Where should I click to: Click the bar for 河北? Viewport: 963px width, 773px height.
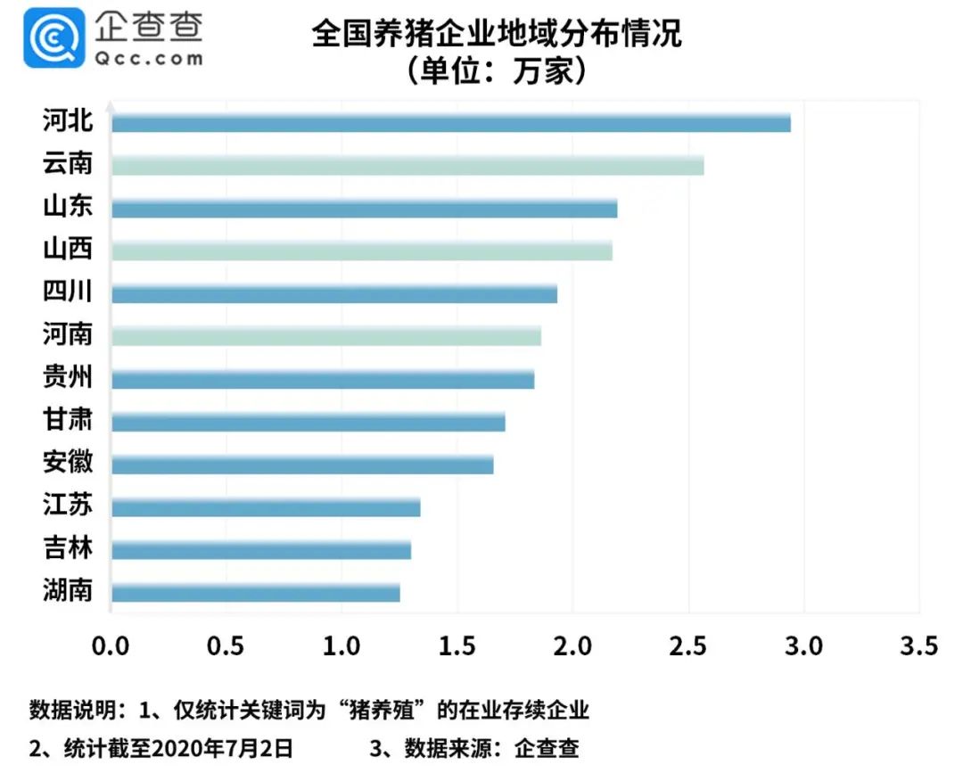(x=450, y=123)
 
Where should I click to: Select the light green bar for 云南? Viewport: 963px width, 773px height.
(x=407, y=166)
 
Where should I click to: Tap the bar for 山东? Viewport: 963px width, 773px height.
(x=364, y=209)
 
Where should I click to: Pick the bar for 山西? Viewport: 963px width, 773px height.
(x=361, y=251)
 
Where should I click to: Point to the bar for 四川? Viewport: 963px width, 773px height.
(x=333, y=293)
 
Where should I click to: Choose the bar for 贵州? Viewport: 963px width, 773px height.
(x=322, y=379)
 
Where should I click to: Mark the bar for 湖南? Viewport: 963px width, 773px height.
(x=255, y=593)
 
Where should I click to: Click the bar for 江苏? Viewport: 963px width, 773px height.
(x=265, y=507)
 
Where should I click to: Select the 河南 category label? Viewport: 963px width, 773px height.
(x=68, y=334)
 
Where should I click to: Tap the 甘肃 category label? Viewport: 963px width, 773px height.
(x=68, y=419)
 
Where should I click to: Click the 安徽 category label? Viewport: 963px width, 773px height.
(x=68, y=463)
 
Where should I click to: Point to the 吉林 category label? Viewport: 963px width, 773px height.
(x=68, y=547)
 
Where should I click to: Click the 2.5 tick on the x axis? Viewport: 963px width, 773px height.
(x=688, y=645)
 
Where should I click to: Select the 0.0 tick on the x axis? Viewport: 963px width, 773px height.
(x=111, y=645)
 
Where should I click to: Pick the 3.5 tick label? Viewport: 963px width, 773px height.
(x=919, y=645)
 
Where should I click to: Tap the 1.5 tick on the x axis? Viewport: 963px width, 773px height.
(x=457, y=645)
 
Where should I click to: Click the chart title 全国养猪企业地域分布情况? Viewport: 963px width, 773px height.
(x=496, y=34)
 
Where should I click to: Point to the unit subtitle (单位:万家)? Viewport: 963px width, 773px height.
(x=496, y=70)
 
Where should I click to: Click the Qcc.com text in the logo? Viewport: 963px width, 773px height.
(x=147, y=58)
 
